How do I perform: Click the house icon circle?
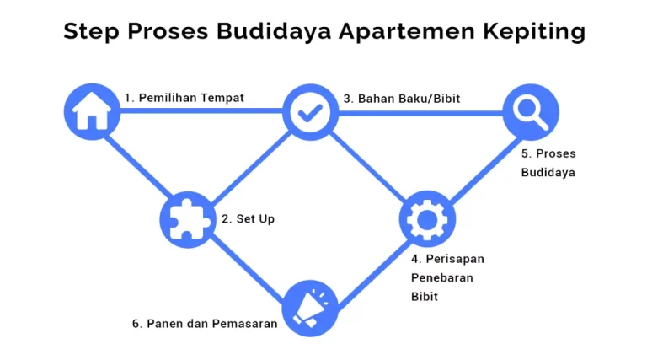tap(92, 111)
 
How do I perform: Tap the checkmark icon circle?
tap(310, 112)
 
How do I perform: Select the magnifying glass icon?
tap(531, 112)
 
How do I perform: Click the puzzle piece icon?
tap(188, 220)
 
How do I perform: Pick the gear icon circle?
tap(427, 219)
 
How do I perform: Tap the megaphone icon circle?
tap(310, 309)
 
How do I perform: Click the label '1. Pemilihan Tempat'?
tap(184, 98)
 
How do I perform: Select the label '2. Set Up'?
tap(248, 219)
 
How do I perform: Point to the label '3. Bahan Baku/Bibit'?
tap(402, 99)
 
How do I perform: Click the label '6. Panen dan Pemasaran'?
tap(205, 324)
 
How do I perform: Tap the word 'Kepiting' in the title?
tap(534, 31)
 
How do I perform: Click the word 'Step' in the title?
tap(91, 31)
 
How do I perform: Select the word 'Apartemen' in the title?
tap(406, 31)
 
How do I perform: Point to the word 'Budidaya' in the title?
tap(274, 31)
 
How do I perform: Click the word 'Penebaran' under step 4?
tap(442, 278)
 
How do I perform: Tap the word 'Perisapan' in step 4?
tap(455, 259)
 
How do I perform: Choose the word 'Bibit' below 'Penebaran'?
tap(425, 297)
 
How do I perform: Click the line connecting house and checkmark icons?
tap(201, 110)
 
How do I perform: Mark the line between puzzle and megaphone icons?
tap(247, 269)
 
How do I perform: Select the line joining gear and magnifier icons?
tap(484, 170)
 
